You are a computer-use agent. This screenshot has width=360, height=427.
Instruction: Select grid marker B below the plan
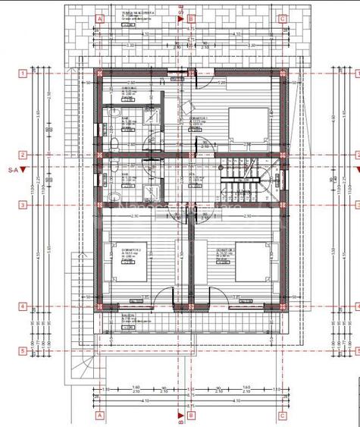click(191, 416)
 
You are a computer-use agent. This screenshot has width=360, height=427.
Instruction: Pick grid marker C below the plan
click(282, 416)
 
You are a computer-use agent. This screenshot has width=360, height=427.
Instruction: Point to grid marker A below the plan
click(99, 416)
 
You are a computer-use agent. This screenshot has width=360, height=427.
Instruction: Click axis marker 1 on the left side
click(24, 73)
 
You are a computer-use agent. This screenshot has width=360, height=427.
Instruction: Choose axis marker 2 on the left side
click(24, 155)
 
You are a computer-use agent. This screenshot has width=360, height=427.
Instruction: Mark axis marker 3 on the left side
click(24, 205)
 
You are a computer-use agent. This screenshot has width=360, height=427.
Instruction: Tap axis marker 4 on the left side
click(24, 307)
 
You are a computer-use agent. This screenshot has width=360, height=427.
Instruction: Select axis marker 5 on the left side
click(24, 351)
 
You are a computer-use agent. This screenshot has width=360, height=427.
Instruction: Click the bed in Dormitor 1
click(250, 123)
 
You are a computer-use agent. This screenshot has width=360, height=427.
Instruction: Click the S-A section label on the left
click(11, 170)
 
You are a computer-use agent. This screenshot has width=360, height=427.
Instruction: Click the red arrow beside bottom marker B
click(180, 414)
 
